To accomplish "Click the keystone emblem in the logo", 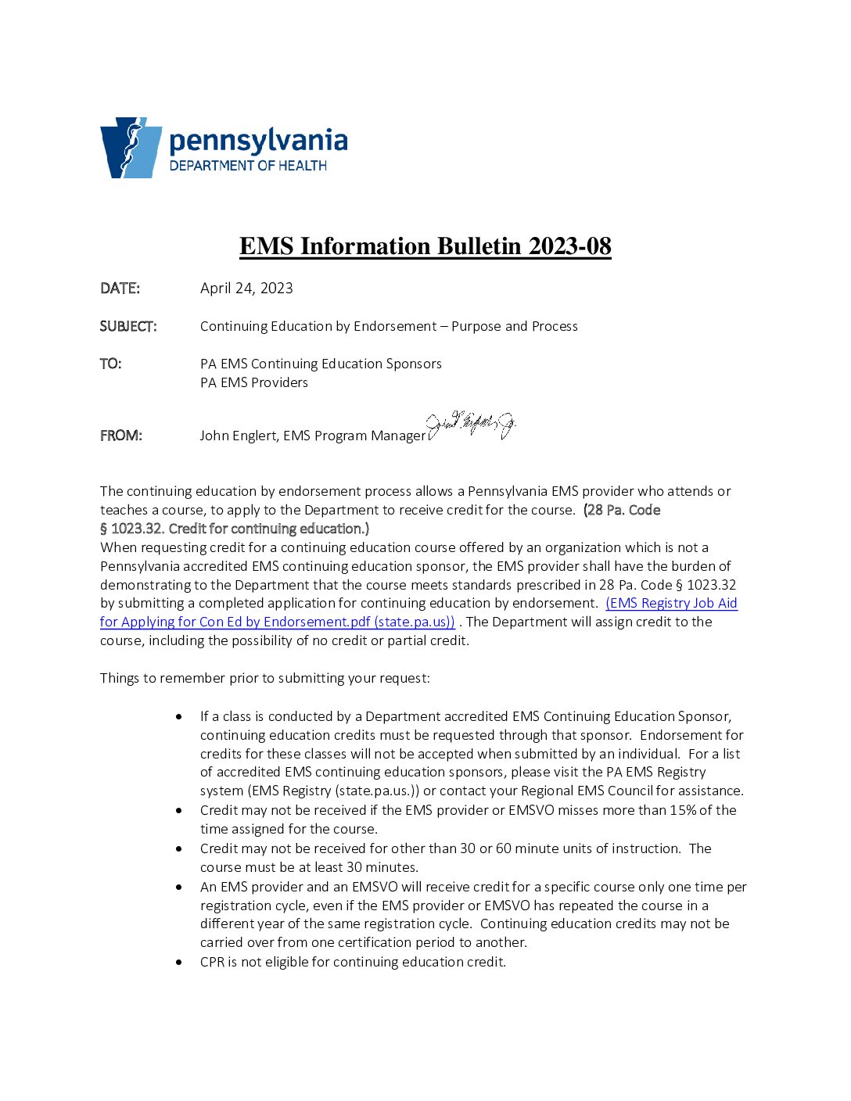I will [x=131, y=148].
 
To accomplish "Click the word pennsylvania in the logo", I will [x=258, y=142].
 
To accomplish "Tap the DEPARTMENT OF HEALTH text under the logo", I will [x=248, y=166].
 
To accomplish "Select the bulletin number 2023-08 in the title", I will [x=569, y=246].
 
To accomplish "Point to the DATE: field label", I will [x=120, y=289].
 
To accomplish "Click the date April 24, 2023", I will [x=246, y=289].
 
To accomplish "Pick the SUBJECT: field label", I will [x=128, y=326].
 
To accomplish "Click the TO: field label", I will [x=111, y=364].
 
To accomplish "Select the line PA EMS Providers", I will [x=254, y=382].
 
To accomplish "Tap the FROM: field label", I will [x=121, y=436].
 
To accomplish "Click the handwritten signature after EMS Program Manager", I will [x=472, y=426].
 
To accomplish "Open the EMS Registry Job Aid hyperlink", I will [x=671, y=603].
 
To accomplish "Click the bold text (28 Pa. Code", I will [x=622, y=510].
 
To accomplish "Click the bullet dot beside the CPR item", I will [x=180, y=962].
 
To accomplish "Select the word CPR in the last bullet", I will [x=212, y=962].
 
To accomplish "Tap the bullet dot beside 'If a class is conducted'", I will [x=180, y=716].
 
